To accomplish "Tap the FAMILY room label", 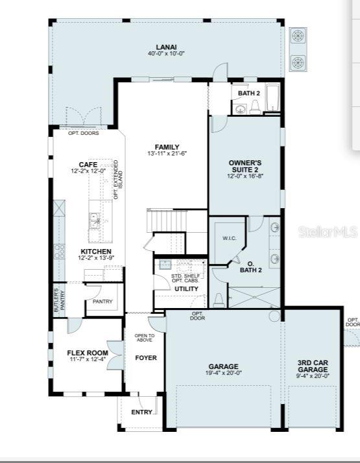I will click(167, 147).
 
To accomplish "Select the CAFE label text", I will click(88, 165).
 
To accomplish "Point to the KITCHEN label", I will click(96, 252).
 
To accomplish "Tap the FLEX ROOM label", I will click(87, 353).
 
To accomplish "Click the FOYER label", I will click(145, 358).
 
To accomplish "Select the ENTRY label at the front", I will click(142, 412).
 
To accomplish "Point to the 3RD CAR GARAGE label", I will click(313, 366).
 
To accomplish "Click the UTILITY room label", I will click(186, 289).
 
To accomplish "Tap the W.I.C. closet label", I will click(230, 239).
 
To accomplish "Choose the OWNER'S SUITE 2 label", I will click(245, 167).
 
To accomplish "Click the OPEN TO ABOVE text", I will click(144, 338).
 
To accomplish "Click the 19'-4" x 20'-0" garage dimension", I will click(224, 373).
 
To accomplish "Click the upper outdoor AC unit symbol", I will click(298, 36).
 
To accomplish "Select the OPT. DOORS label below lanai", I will click(83, 133).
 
